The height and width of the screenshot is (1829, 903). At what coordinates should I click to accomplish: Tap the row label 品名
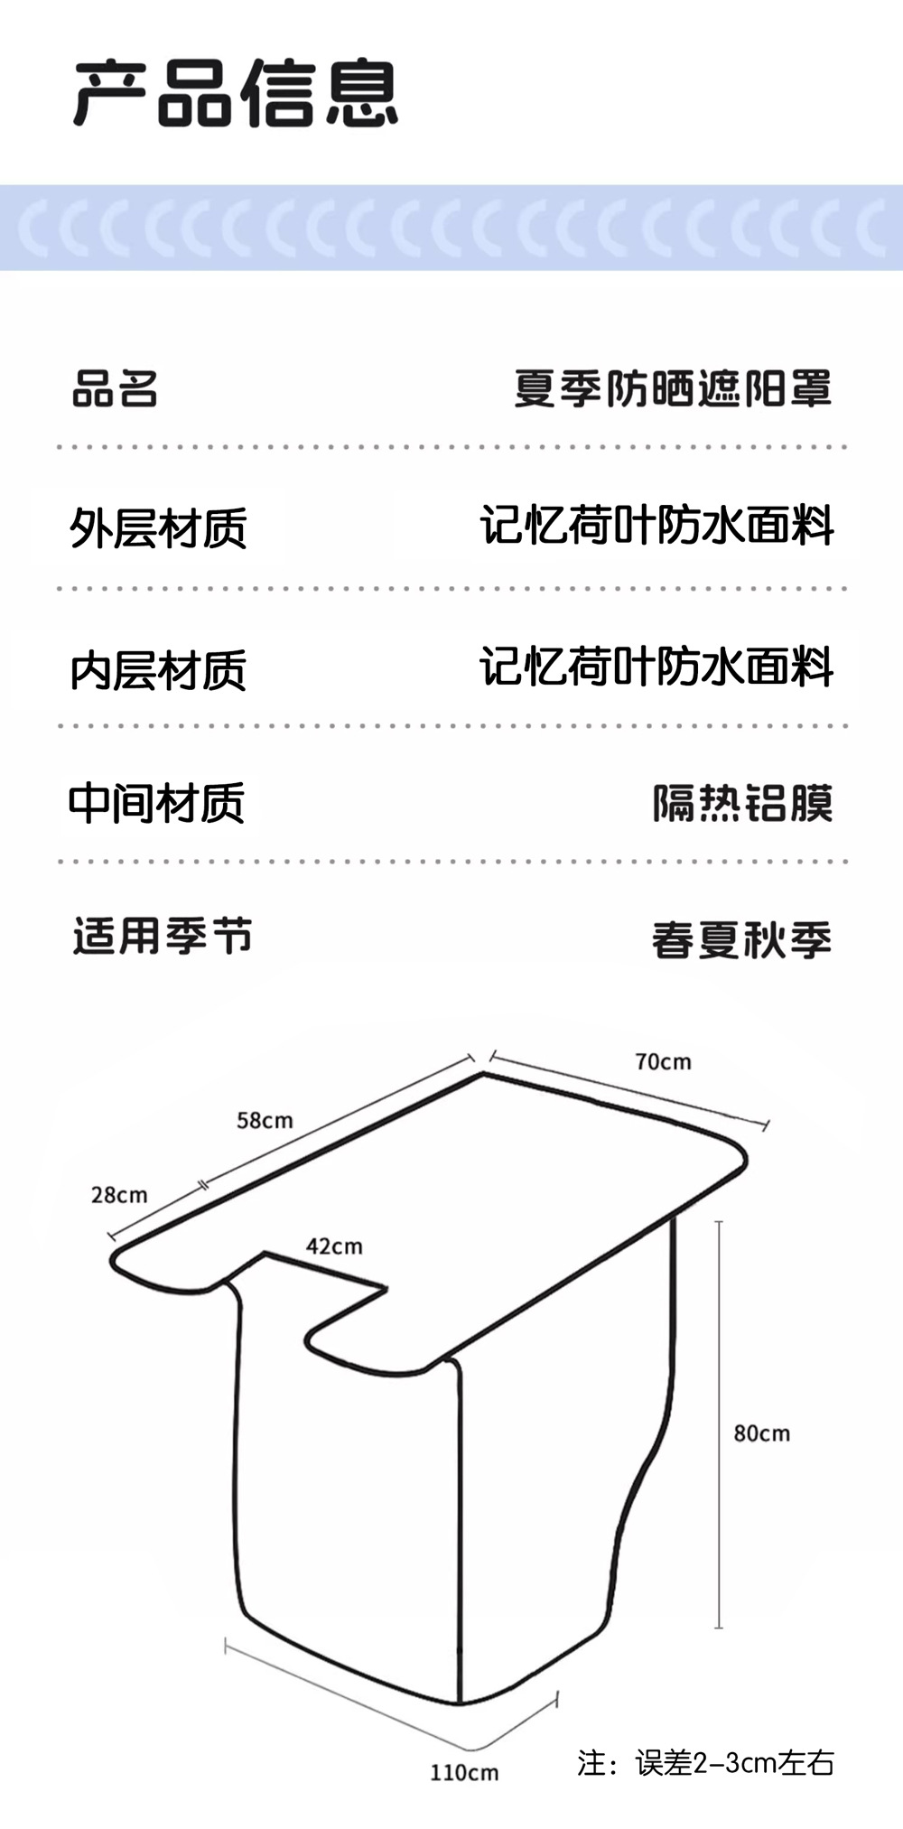[115, 389]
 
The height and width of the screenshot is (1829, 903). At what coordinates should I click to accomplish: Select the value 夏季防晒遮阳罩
[673, 388]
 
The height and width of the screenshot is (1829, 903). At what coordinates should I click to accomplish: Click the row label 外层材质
[158, 528]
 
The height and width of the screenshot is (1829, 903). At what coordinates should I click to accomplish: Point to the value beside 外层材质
[656, 526]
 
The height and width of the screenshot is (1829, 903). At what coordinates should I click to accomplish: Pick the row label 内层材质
[158, 670]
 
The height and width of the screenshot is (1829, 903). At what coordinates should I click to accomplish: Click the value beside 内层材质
[656, 667]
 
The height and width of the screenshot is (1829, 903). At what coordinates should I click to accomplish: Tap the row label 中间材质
[157, 803]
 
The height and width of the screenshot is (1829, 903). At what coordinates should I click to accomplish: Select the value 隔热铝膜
[742, 803]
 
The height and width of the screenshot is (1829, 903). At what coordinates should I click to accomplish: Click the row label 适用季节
[163, 936]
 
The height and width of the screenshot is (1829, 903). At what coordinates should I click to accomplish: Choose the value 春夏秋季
[741, 940]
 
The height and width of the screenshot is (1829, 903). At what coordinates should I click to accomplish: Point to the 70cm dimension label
[663, 1062]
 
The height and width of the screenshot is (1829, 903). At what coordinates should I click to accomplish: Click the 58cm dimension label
[265, 1121]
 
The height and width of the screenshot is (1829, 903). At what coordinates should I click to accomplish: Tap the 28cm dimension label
[119, 1195]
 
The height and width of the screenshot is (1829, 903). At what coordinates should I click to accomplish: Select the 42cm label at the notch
[334, 1246]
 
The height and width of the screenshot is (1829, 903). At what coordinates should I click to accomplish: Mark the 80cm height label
[761, 1433]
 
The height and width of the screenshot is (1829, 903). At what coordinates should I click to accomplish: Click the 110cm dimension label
[463, 1773]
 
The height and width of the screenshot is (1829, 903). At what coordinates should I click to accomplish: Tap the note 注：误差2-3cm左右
[705, 1762]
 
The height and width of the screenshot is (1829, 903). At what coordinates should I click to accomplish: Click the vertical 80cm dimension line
[719, 1427]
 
